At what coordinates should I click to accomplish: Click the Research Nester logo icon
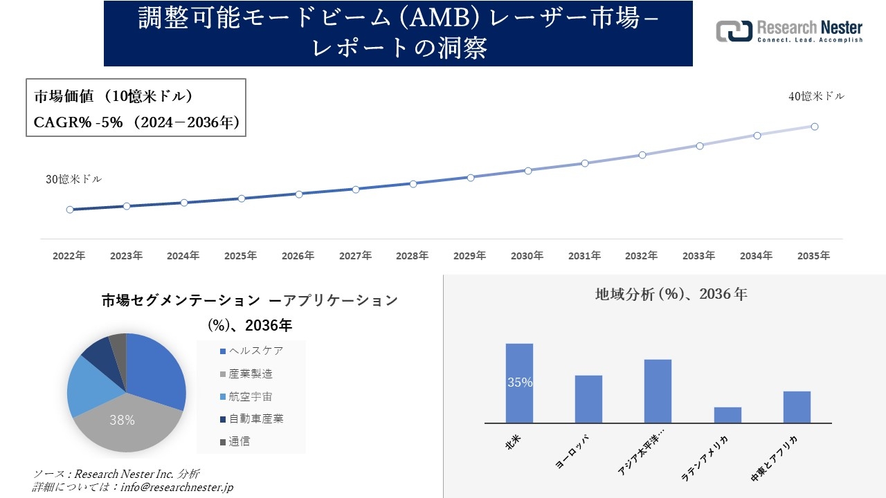coord(734,31)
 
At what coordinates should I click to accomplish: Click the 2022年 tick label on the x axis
coord(69,256)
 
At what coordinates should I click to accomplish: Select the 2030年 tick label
coord(527,256)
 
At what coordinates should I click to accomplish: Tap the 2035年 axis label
coord(813,256)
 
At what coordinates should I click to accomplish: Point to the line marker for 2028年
coord(413,184)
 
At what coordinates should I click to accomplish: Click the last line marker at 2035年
coord(815,127)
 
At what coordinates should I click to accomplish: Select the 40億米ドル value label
coord(816,97)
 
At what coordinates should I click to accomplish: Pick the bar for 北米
coord(519,382)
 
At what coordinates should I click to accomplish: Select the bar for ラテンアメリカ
coord(727,415)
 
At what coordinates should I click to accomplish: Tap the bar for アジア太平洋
coord(658,391)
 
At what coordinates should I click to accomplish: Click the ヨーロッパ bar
coord(588,399)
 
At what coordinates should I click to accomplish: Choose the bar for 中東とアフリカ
coord(797,407)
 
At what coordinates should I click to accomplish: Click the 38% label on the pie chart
coord(122,420)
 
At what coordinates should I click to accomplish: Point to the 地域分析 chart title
coord(671,294)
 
